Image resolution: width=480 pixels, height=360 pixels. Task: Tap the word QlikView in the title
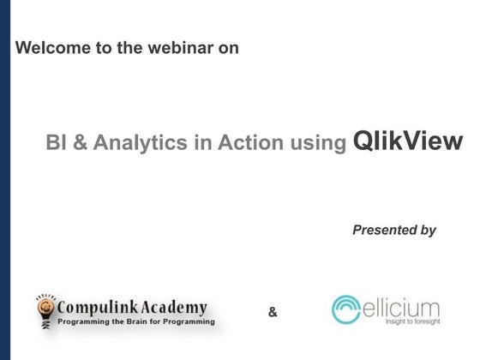point(407,141)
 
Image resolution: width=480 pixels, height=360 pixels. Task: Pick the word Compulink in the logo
point(93,307)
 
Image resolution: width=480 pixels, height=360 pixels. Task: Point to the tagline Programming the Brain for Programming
point(135,325)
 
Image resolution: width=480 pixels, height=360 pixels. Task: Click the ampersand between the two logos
point(273,312)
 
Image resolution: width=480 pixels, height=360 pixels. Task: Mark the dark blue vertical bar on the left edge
point(4,180)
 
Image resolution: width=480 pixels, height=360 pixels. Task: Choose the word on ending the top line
point(229,48)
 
